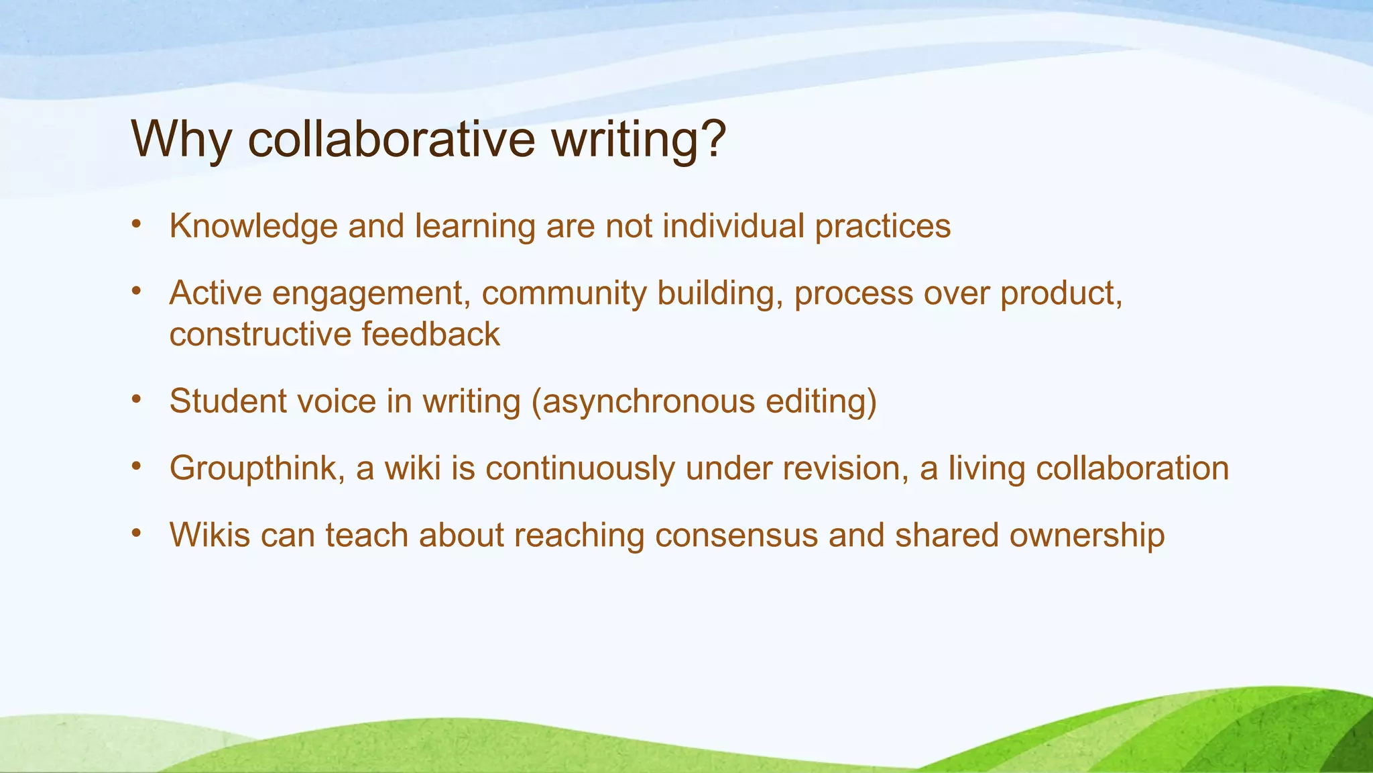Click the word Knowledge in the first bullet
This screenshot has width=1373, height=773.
click(253, 227)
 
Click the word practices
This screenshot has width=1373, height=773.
click(882, 227)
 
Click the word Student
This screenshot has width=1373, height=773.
click(227, 401)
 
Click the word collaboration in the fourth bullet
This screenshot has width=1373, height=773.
click(1132, 468)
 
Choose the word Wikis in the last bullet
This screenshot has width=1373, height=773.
click(210, 535)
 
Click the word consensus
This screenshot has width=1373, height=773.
click(736, 535)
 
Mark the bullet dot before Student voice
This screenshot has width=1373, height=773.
click(136, 399)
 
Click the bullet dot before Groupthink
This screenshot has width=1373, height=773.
click(136, 466)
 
